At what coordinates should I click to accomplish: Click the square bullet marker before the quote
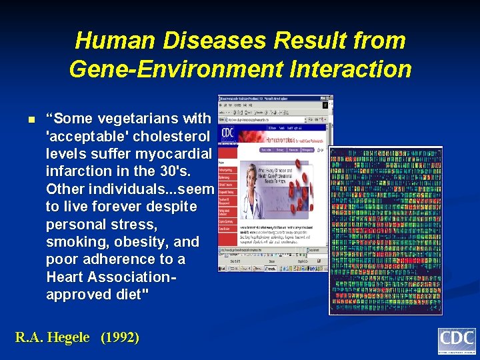tap(30, 120)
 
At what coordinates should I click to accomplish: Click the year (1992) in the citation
tap(120, 337)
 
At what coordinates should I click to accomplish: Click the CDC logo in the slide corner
tap(456, 341)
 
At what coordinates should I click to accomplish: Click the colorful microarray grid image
tap(385, 230)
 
